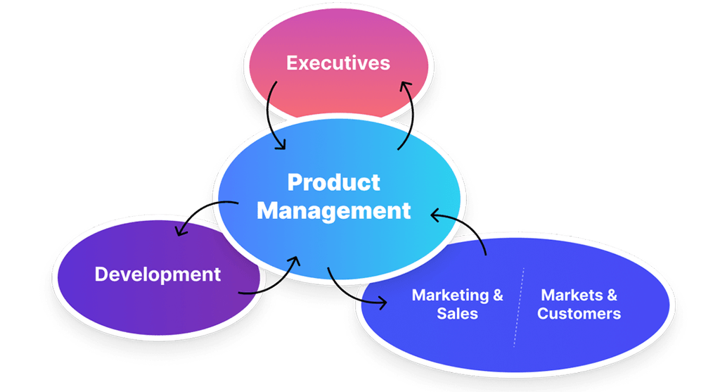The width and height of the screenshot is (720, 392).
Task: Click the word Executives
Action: (337, 63)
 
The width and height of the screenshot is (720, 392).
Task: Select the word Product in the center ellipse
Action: (333, 182)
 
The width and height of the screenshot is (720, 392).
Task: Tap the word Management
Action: (333, 210)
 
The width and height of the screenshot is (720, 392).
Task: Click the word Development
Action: (157, 274)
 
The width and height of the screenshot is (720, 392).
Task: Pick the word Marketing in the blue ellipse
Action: (450, 295)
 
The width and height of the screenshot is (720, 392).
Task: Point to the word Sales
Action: (457, 314)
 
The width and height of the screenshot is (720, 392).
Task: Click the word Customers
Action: (579, 314)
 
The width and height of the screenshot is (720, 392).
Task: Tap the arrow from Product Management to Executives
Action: (409, 116)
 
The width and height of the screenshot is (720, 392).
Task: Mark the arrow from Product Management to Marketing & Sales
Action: (348, 291)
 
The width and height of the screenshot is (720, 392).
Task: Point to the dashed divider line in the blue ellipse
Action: (519, 306)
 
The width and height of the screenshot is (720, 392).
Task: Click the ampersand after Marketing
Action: (498, 295)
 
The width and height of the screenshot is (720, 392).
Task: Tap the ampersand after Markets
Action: (612, 295)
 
